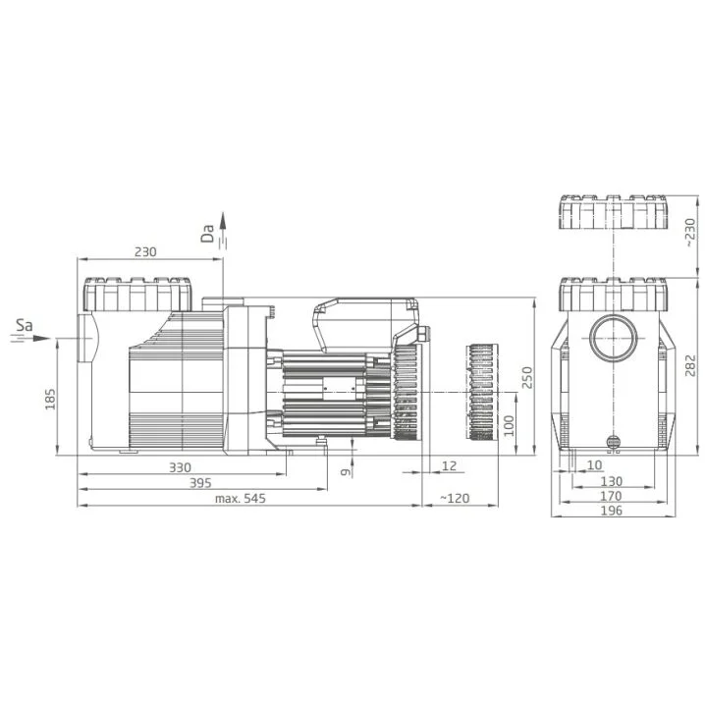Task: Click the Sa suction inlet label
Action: (25, 325)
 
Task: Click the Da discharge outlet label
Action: (208, 234)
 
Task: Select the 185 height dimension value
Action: (50, 399)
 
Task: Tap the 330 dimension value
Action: (180, 467)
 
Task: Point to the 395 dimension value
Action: (200, 483)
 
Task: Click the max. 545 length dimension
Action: (241, 498)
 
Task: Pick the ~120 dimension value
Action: (454, 498)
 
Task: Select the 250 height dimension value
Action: (527, 377)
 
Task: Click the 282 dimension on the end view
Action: (691, 365)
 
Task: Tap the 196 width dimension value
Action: (612, 511)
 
